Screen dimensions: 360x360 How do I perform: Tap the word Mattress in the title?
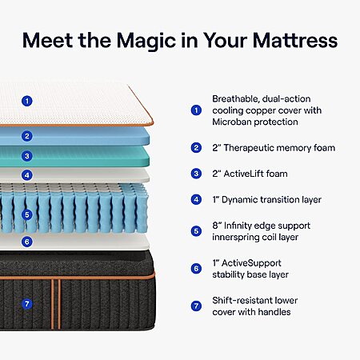click(x=295, y=41)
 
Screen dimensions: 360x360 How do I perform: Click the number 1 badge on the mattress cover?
click(x=27, y=101)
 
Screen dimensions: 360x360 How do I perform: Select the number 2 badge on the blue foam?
click(x=27, y=136)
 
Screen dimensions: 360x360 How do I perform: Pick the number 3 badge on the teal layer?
click(x=27, y=156)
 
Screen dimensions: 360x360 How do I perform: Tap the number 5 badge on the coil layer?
click(x=27, y=214)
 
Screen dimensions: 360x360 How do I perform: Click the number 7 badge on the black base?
click(x=27, y=304)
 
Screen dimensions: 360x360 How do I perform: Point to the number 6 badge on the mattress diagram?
click(x=27, y=242)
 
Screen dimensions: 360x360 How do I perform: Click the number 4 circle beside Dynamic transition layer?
click(x=196, y=199)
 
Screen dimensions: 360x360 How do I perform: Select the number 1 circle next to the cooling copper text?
click(x=196, y=110)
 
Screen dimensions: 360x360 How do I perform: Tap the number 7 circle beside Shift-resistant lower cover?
click(x=196, y=306)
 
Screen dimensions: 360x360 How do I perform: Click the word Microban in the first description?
click(x=231, y=122)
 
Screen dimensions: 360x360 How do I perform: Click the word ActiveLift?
click(x=244, y=174)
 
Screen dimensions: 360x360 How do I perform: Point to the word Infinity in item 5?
click(x=238, y=226)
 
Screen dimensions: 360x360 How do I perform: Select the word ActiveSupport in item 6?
click(x=251, y=263)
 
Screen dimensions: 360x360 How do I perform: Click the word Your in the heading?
click(x=225, y=41)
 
